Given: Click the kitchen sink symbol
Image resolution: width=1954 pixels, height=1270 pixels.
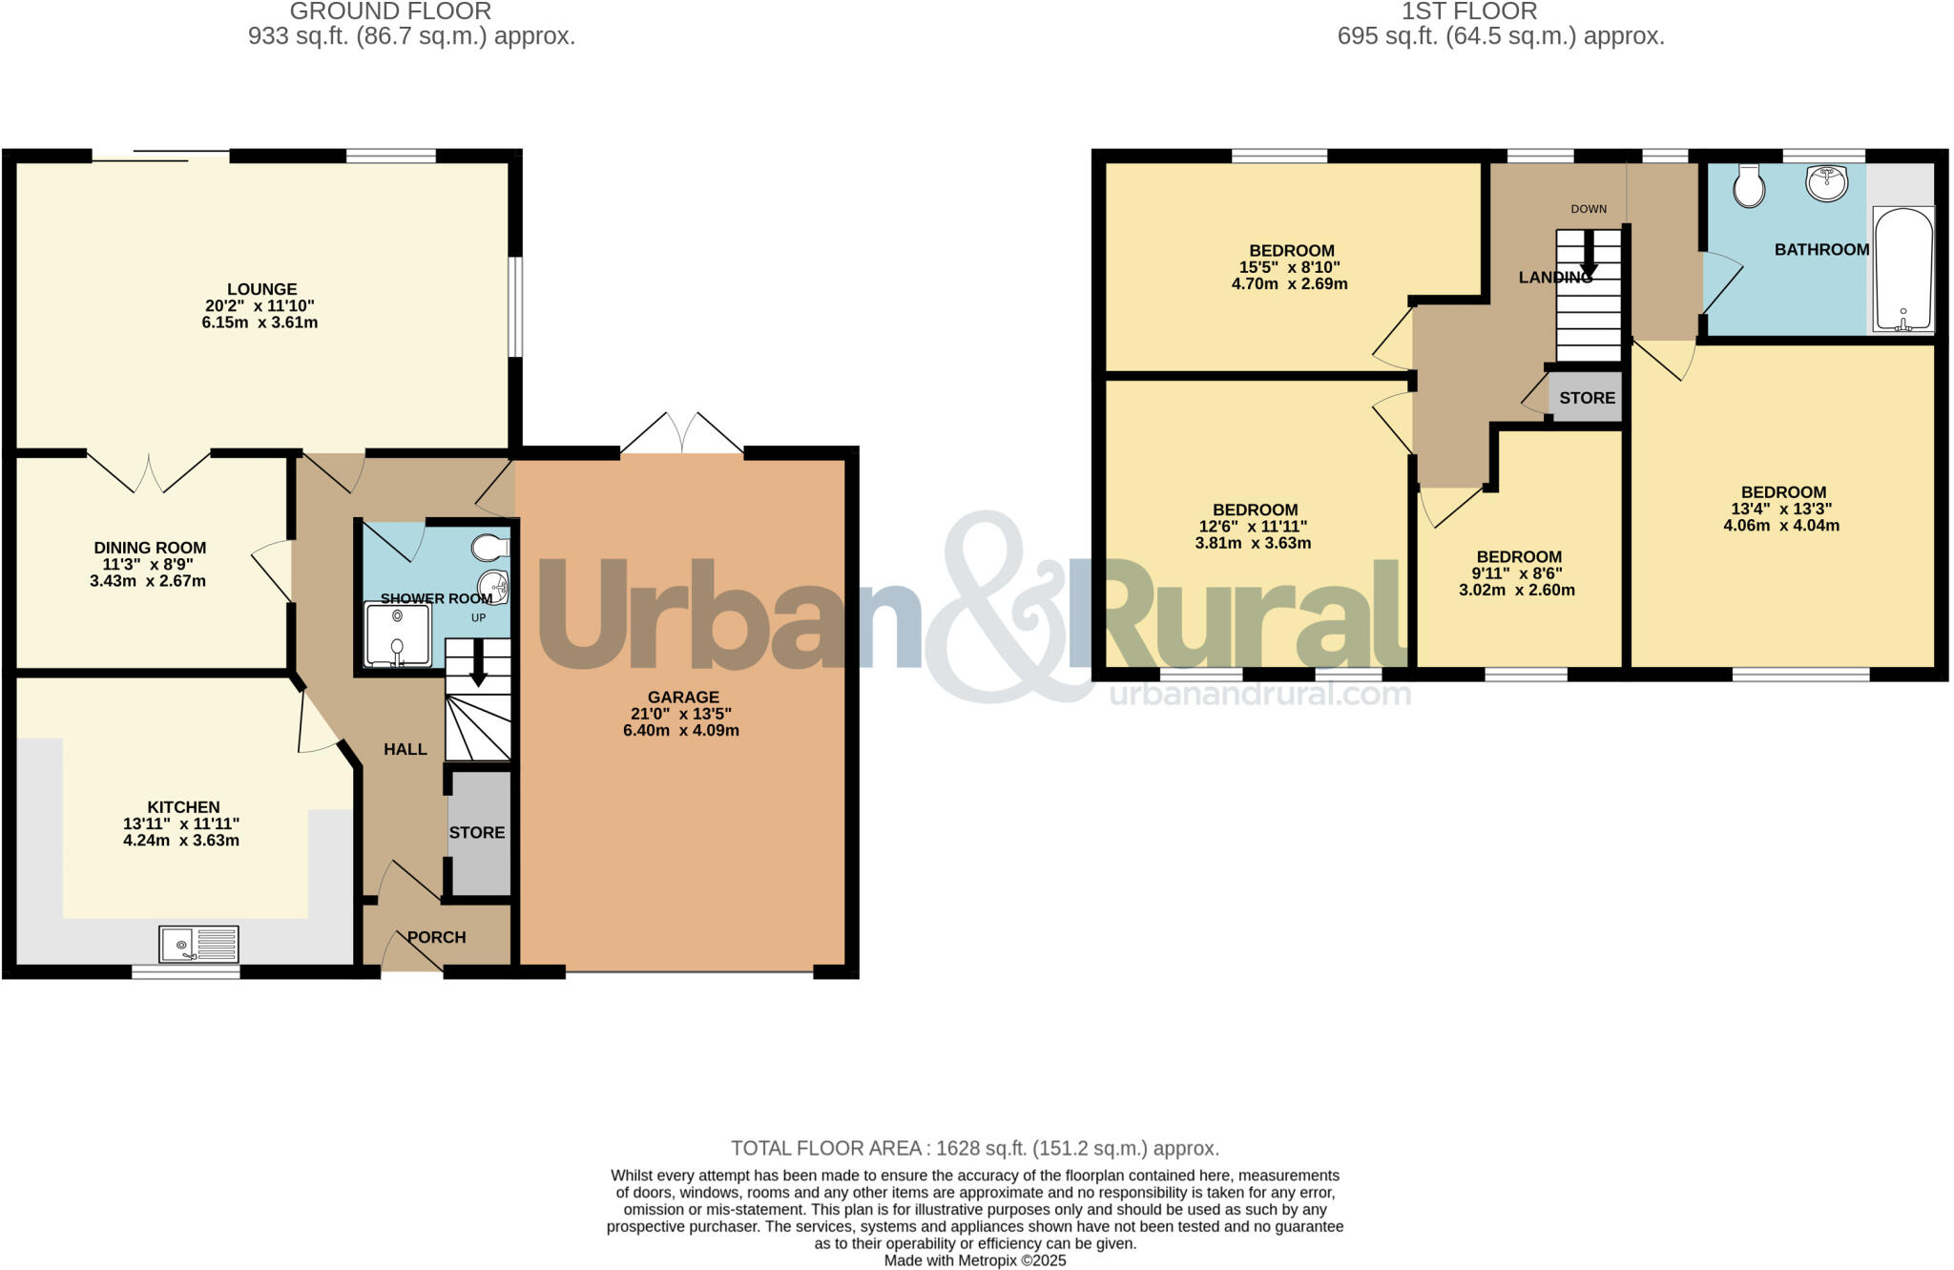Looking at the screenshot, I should click(199, 944).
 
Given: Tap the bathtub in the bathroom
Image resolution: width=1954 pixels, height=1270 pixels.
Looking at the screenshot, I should click(1903, 269).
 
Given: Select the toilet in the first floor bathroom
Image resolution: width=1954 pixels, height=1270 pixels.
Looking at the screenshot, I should click(1749, 186).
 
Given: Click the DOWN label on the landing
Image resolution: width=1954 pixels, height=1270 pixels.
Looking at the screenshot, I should click(1589, 209).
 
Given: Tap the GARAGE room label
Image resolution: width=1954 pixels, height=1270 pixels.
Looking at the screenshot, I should click(682, 697).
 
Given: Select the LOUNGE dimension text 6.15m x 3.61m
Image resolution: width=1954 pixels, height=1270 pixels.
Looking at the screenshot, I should click(260, 323).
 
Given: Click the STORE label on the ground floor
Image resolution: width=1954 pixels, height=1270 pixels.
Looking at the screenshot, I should click(477, 832).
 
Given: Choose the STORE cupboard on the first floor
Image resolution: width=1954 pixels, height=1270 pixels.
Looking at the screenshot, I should click(1587, 398).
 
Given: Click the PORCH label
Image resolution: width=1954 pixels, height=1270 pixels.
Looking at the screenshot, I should click(436, 937).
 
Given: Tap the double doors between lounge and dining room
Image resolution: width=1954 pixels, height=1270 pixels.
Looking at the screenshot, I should click(149, 471).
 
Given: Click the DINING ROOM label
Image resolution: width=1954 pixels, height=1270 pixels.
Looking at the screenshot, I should click(150, 548).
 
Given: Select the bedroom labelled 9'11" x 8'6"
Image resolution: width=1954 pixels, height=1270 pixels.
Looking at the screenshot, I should click(1519, 573).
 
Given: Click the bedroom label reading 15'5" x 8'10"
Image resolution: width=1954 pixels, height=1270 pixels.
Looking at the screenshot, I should click(1290, 267).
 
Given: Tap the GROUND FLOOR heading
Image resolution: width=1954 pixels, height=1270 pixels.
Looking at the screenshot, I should click(390, 11).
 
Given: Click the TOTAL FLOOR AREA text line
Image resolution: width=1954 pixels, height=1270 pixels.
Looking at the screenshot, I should click(974, 1148).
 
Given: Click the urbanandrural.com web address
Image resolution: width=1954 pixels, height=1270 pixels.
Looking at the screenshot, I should click(1259, 694).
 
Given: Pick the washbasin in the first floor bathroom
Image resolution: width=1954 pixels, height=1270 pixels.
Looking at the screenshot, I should click(1826, 183).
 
